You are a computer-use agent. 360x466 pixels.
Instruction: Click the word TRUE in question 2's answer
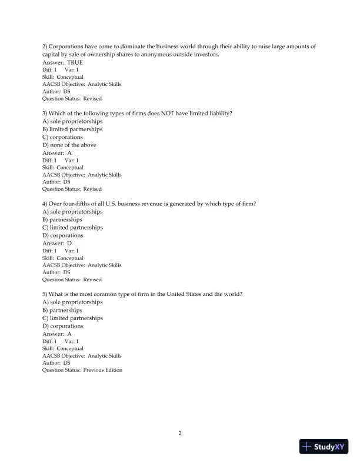[x=75, y=62]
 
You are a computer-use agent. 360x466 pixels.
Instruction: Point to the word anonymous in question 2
[x=153, y=54]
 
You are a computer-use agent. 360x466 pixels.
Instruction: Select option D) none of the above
[x=69, y=145]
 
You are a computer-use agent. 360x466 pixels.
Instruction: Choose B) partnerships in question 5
[x=62, y=310]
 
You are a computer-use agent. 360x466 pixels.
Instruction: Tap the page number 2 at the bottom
[x=180, y=434]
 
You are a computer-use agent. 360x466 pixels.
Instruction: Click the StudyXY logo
[x=323, y=447]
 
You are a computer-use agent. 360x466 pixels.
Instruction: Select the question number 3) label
[x=45, y=113]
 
